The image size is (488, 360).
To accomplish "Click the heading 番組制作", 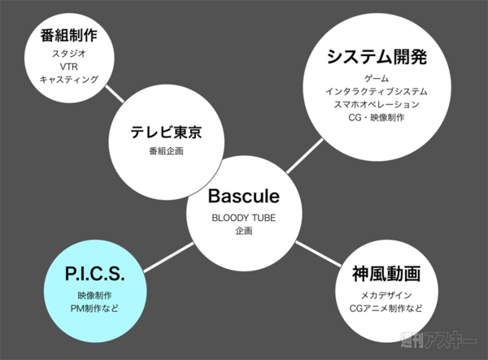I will click(x=68, y=37).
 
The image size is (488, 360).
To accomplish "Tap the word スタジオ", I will click(x=68, y=54).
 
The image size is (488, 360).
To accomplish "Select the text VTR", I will click(x=68, y=67).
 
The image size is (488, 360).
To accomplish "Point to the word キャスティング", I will click(x=68, y=80).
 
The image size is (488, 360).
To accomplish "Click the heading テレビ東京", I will click(x=166, y=132).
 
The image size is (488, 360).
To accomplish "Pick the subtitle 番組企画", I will click(x=166, y=152).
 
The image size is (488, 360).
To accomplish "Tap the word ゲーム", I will click(x=377, y=78).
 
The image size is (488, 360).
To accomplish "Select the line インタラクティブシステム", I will click(x=377, y=91).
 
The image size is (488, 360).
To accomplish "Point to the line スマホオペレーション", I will click(x=377, y=104).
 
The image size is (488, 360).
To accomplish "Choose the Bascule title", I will click(x=243, y=197).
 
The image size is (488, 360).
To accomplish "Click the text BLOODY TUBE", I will click(x=243, y=218).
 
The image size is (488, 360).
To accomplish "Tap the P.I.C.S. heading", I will click(x=98, y=275).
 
